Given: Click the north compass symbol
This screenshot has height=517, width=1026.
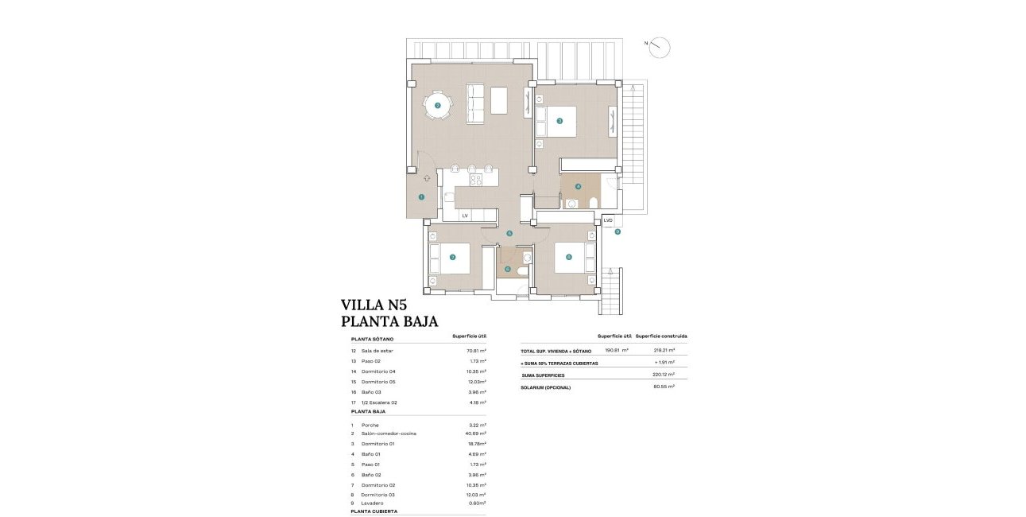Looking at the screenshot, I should tap(659, 48).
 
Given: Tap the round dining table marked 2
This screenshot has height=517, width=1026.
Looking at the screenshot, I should tap(437, 105).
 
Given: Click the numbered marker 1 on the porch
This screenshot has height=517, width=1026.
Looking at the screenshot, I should tap(421, 197).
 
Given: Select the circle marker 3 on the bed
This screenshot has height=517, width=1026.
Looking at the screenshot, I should tap(559, 121).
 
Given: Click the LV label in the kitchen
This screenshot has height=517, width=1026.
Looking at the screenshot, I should tap(465, 216).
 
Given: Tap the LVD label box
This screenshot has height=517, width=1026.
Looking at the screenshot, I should tap(608, 220).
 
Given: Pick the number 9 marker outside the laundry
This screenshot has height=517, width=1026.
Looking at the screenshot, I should tap(617, 231).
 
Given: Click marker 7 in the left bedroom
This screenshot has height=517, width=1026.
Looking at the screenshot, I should tap(452, 257).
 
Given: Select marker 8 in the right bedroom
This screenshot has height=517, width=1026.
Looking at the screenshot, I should tap(568, 257).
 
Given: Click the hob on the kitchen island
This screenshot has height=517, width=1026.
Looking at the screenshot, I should tap(475, 179).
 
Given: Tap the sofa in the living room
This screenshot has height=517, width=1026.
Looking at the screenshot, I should tap(474, 103).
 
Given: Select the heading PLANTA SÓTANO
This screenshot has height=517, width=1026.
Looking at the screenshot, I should tap(372, 339).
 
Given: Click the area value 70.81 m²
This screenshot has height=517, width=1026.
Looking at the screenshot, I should tap(476, 351).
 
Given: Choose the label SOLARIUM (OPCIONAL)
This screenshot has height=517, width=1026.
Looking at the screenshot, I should tap(546, 387).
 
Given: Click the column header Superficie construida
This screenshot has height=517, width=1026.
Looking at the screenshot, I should tap(661, 336).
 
